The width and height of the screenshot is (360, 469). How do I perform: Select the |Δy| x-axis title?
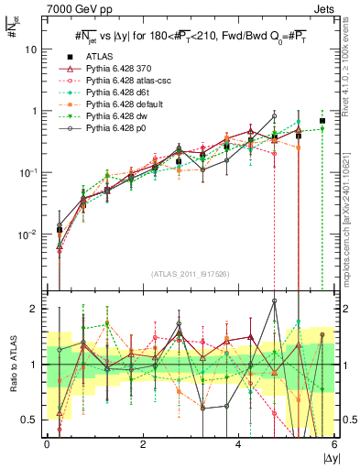point(327,457)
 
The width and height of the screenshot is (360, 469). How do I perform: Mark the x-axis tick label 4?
point(239,445)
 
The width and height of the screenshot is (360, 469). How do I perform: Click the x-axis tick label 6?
point(335,445)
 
